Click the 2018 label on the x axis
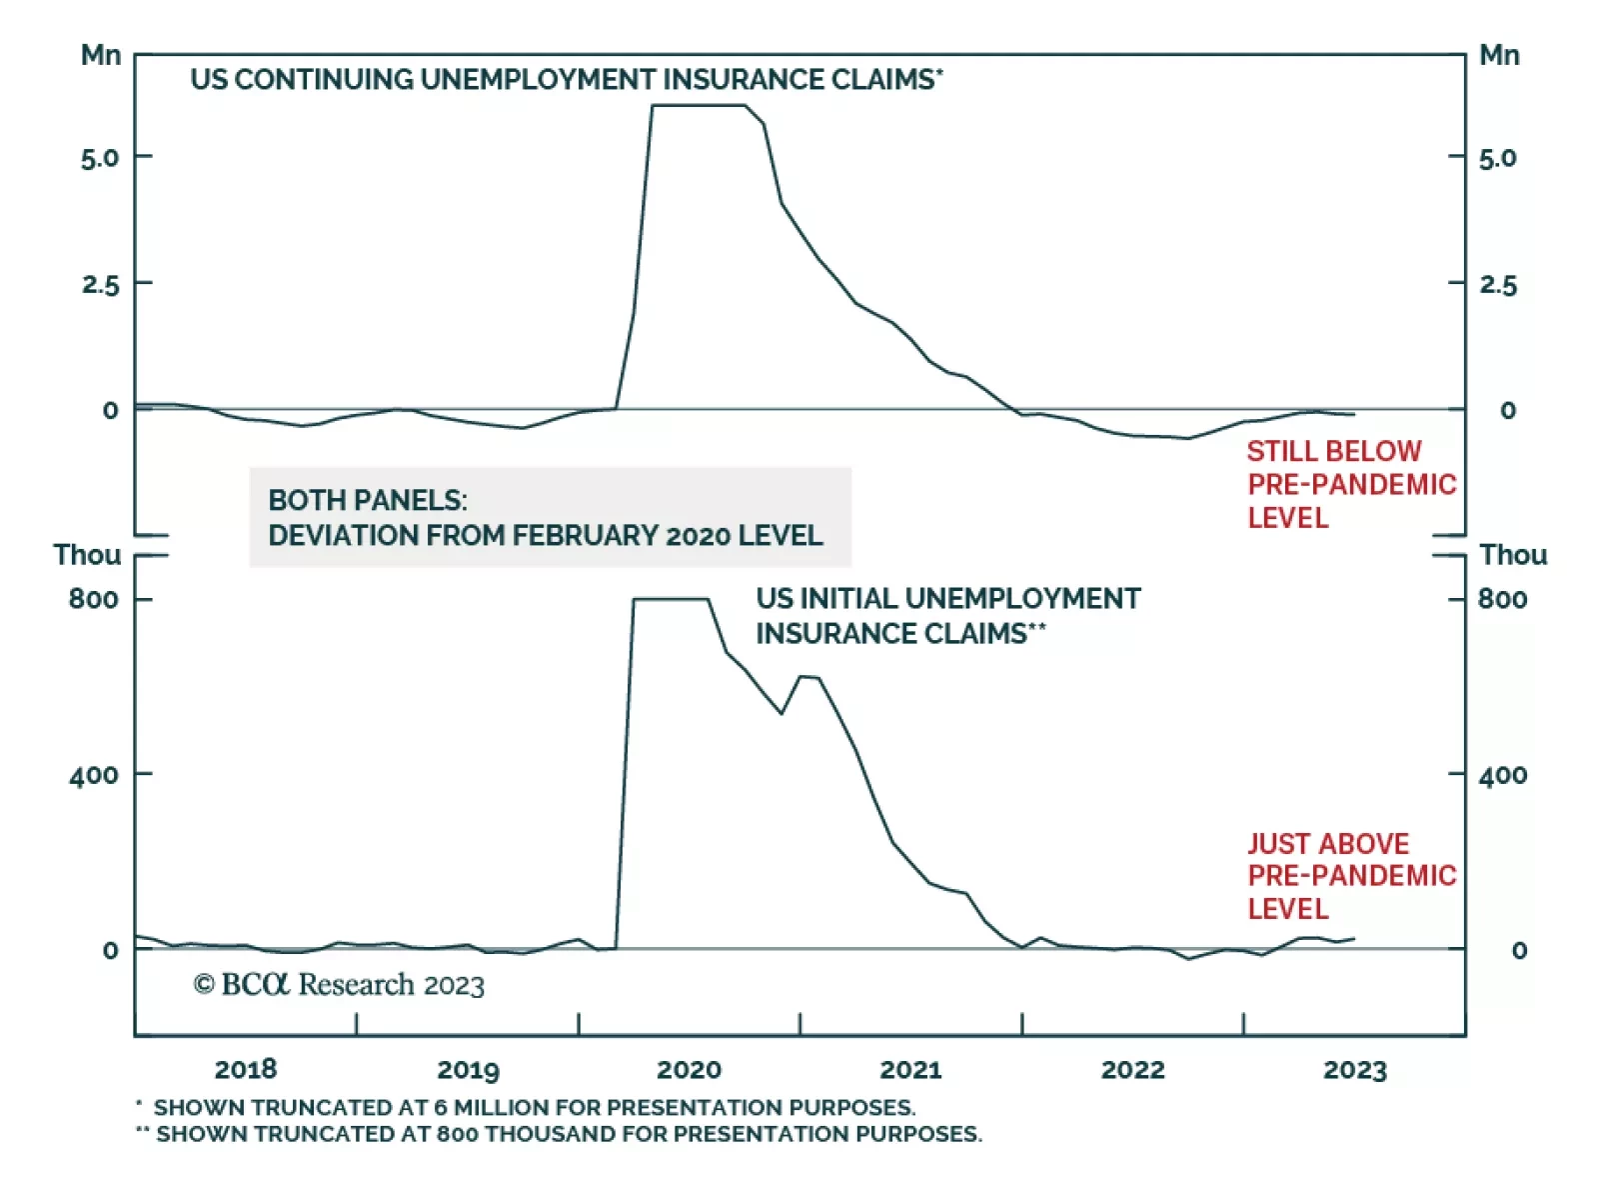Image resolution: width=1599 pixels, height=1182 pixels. click(246, 1069)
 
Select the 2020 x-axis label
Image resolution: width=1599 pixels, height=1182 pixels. click(689, 1069)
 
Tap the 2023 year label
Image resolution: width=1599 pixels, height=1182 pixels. click(1354, 1069)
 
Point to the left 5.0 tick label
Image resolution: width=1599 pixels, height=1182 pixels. click(100, 158)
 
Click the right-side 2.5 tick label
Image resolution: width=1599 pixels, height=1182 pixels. click(1497, 285)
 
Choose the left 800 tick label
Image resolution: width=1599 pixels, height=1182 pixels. click(93, 599)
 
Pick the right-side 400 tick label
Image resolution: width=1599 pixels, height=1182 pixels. click(1502, 775)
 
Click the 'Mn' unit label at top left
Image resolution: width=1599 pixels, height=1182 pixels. click(101, 55)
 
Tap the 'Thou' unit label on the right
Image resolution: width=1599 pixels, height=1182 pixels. click(1512, 555)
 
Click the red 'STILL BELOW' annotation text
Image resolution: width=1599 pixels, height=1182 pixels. click(1333, 451)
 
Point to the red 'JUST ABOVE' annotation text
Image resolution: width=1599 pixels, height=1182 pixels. click(1327, 843)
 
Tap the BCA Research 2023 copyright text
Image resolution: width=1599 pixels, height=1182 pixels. click(339, 985)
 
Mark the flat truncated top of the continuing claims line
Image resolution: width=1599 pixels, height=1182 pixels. click(700, 105)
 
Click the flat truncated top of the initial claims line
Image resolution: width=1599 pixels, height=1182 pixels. click(671, 599)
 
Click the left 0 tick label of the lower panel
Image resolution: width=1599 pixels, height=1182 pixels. click(110, 950)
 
